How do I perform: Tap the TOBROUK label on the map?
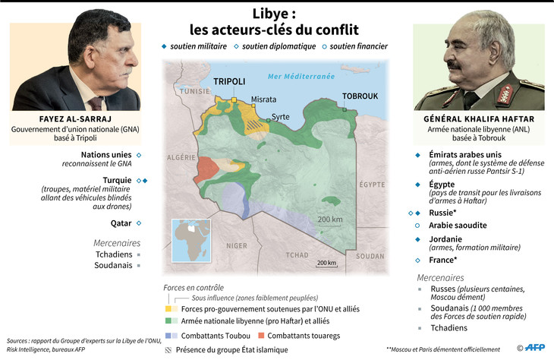pos(360,96)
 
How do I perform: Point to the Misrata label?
pos(263,99)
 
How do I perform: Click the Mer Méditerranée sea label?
pos(301,77)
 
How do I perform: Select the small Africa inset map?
pos(186,238)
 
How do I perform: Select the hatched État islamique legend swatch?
pos(168,349)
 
